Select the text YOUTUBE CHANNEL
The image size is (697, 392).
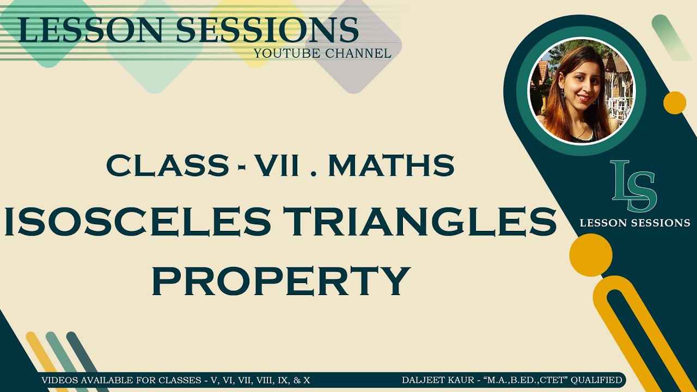coord(322,53)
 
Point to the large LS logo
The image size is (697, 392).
coord(633,186)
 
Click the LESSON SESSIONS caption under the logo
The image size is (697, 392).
coord(635,223)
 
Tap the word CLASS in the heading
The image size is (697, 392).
coord(168,165)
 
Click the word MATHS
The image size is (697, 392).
coord(391,165)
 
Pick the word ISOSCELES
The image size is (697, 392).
coord(138,223)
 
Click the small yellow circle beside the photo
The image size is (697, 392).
coord(675,103)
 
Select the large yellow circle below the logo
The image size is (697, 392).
coord(591,255)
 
